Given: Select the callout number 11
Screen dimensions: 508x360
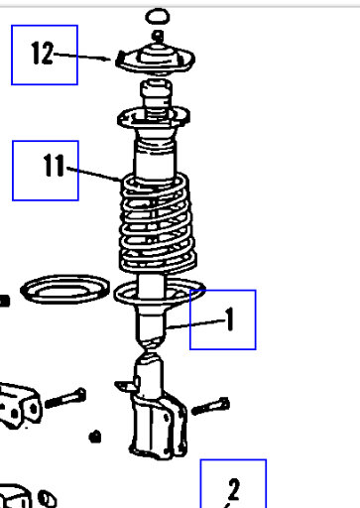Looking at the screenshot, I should click(x=45, y=168).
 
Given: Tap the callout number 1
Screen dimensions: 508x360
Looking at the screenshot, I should click(x=227, y=319).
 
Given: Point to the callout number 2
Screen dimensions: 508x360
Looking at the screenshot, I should click(x=233, y=489).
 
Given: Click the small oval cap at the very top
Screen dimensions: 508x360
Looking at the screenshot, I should click(x=157, y=16).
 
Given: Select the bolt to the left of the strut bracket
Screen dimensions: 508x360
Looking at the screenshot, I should click(x=65, y=401).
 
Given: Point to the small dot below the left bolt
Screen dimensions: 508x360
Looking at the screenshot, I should click(x=94, y=435).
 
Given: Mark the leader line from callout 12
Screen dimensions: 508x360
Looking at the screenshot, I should click(x=84, y=57).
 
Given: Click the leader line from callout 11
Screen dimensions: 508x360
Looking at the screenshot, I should click(x=97, y=175).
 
